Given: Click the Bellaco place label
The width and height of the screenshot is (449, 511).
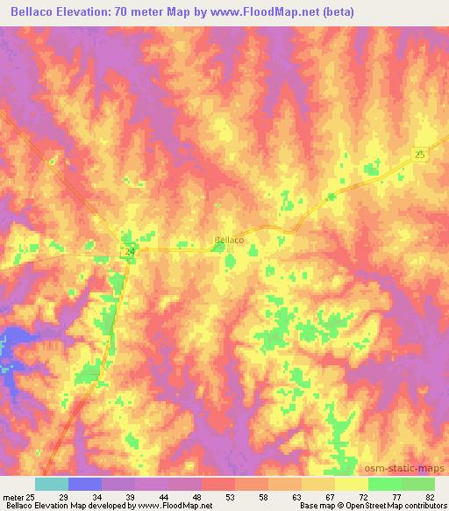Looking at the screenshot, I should tap(229, 239).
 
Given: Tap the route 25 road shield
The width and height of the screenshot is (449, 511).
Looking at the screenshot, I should tap(420, 155).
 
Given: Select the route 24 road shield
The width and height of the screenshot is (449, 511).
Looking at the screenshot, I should tap(130, 252).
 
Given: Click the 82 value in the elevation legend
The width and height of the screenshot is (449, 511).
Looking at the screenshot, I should tap(430, 495).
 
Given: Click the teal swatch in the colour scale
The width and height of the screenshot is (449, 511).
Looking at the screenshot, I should tap(52, 484).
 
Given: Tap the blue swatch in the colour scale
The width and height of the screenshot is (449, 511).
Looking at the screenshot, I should tap(85, 484).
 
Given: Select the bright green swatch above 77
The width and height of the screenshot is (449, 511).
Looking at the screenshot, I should tap(385, 484).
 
